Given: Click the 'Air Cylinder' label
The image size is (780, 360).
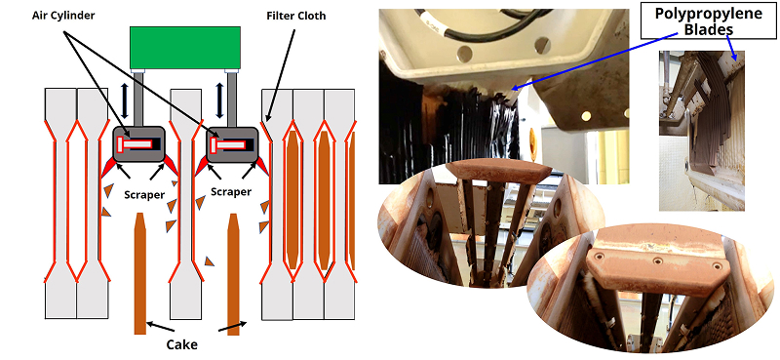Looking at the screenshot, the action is (63, 16).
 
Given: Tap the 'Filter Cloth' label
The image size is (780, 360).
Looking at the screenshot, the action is (296, 16).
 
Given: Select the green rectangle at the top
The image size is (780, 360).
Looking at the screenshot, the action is (185, 48).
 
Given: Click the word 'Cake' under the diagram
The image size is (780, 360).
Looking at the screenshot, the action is (181, 344).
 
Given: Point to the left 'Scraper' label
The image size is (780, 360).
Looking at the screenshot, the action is (143, 195).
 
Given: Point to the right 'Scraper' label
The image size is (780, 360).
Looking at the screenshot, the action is (231, 191).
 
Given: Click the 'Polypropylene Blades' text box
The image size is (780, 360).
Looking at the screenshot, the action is (708, 20).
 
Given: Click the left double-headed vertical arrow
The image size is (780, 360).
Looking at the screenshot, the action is (125, 94).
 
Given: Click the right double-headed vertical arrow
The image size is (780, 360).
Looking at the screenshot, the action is (219, 94).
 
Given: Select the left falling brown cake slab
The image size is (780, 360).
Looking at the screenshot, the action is (140, 273).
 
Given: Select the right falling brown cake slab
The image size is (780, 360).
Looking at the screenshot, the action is (233, 273).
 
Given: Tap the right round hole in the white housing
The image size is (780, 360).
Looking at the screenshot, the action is (542, 45).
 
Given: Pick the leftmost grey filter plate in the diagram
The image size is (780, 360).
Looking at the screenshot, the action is (60, 203).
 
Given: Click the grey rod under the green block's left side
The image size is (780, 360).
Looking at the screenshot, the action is (138, 99).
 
